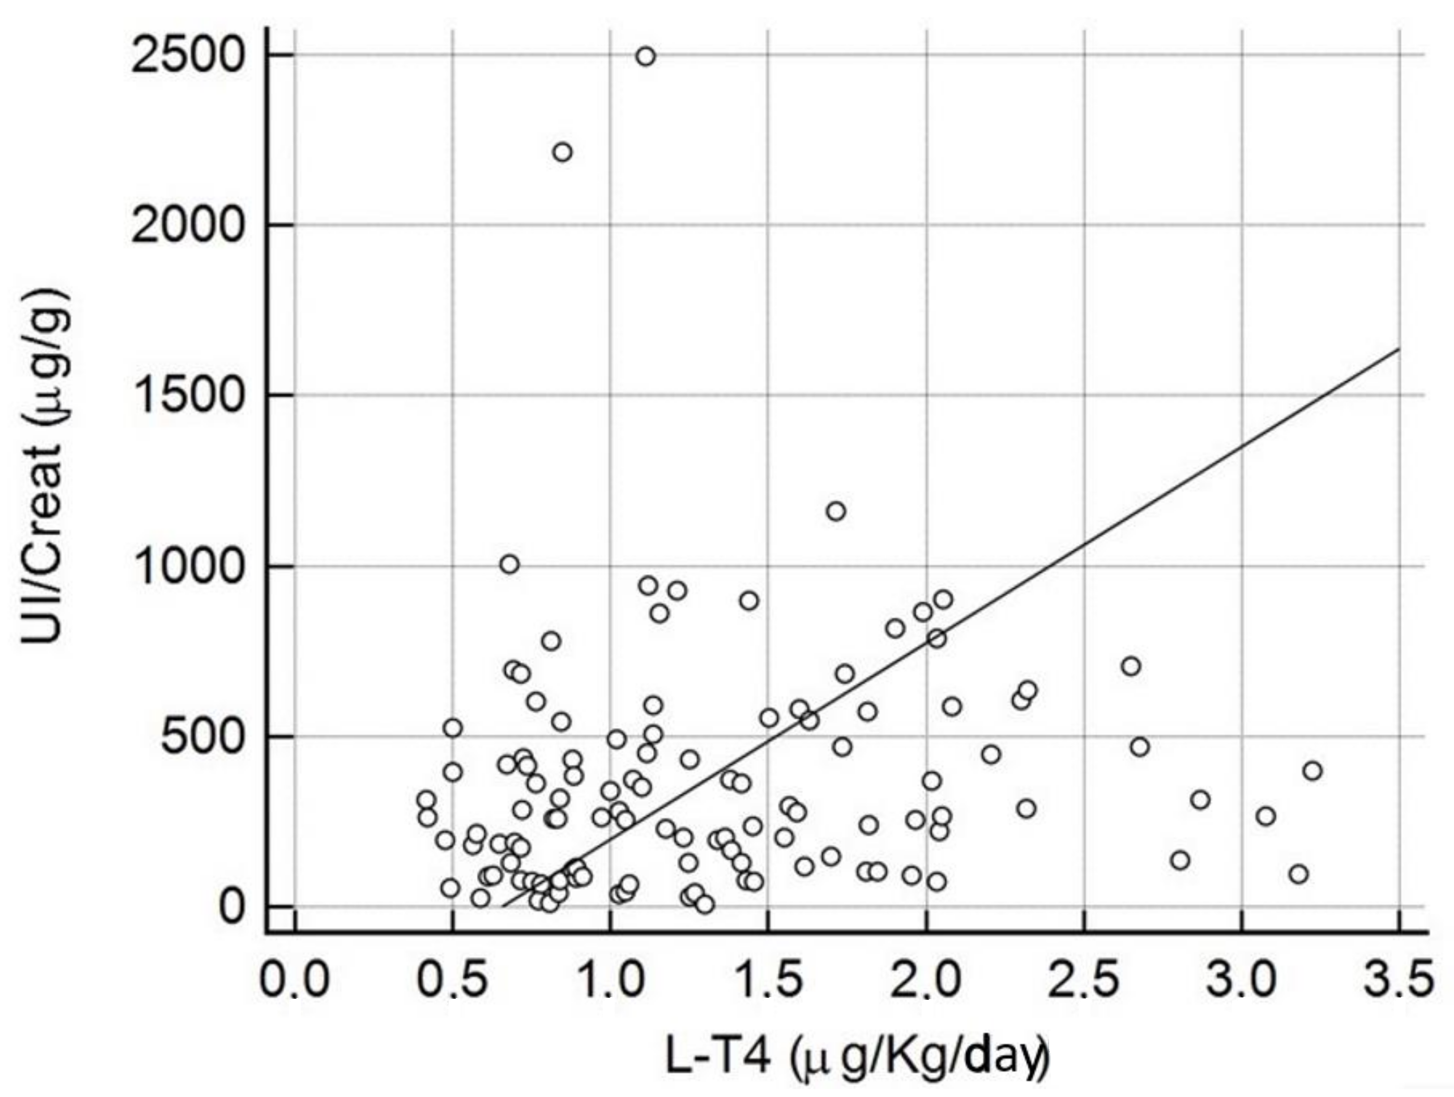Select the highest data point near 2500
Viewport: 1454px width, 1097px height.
tap(645, 56)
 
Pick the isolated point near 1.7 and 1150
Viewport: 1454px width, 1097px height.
tap(835, 511)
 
